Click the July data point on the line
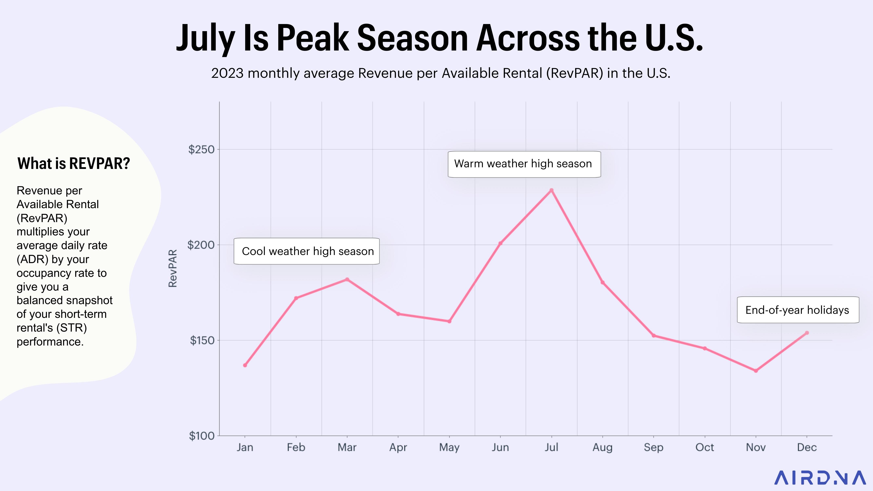pyautogui.click(x=551, y=190)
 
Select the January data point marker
pyautogui.click(x=245, y=365)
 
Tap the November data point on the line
pyautogui.click(x=756, y=371)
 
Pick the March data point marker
pyautogui.click(x=347, y=280)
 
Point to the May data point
pyautogui.click(x=449, y=321)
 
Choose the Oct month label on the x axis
pyautogui.click(x=705, y=447)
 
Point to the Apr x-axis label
pyautogui.click(x=398, y=447)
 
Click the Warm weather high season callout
pyautogui.click(x=524, y=164)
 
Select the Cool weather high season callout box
pyautogui.click(x=307, y=251)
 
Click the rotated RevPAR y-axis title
pyautogui.click(x=173, y=268)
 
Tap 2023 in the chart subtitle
pyautogui.click(x=227, y=73)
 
